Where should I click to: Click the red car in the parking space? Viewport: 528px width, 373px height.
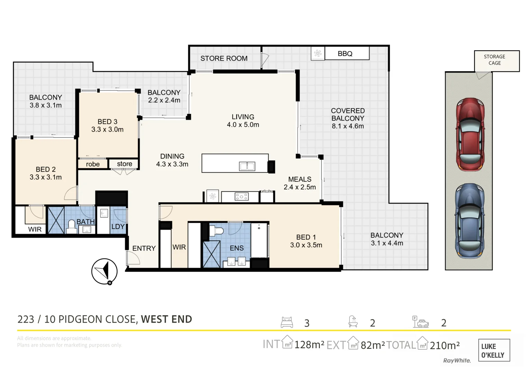tap(470, 135)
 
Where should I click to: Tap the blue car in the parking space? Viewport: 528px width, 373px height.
tap(469, 221)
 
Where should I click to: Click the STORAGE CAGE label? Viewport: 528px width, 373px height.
tap(494, 60)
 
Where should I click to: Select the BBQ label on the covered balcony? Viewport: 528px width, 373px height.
tap(345, 54)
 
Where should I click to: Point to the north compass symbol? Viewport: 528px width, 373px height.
tap(104, 271)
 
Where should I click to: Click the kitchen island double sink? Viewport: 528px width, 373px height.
tap(247, 166)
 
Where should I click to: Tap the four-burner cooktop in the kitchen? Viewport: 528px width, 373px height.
tap(241, 197)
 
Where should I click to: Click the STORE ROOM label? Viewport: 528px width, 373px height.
tap(224, 58)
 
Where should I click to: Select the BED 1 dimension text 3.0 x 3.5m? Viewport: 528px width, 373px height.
tap(306, 245)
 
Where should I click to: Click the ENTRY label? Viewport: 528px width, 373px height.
tap(144, 248)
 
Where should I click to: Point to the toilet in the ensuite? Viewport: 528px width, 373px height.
tap(218, 231)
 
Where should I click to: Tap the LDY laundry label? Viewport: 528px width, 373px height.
tap(118, 227)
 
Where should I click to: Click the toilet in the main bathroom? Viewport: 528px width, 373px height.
tap(72, 226)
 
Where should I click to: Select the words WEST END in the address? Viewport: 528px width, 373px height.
tap(166, 319)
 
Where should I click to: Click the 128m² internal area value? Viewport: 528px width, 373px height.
tap(309, 345)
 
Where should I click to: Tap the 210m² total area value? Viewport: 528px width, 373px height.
tap(444, 345)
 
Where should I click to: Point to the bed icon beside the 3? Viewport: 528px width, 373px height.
tap(287, 322)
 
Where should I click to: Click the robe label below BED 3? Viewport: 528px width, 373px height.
tap(93, 164)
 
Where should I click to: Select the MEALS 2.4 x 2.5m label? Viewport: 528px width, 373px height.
tap(299, 183)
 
